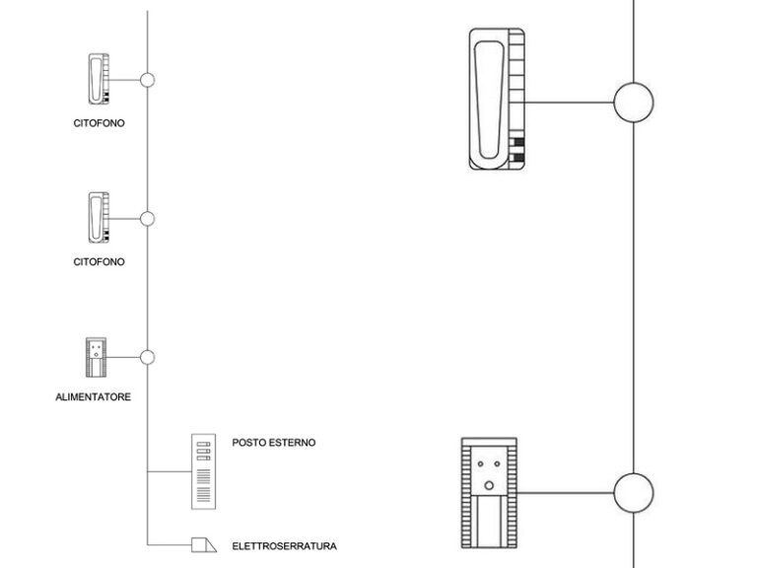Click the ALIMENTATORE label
tap(94, 396)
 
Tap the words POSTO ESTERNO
tap(274, 443)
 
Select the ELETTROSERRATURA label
tap(285, 544)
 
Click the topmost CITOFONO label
tap(99, 123)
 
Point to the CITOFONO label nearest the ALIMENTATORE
tap(99, 262)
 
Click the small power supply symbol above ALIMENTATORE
tap(96, 357)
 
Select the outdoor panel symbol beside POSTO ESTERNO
tap(204, 470)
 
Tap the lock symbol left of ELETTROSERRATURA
tap(202, 543)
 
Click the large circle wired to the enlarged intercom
tap(634, 102)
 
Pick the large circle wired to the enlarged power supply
tap(634, 491)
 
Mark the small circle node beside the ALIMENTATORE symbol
tap(148, 357)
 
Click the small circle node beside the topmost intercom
tap(148, 80)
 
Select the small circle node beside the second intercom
tap(148, 219)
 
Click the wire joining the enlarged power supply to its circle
tap(565, 491)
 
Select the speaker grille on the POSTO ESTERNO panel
tap(204, 485)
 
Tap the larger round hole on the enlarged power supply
tap(488, 484)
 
